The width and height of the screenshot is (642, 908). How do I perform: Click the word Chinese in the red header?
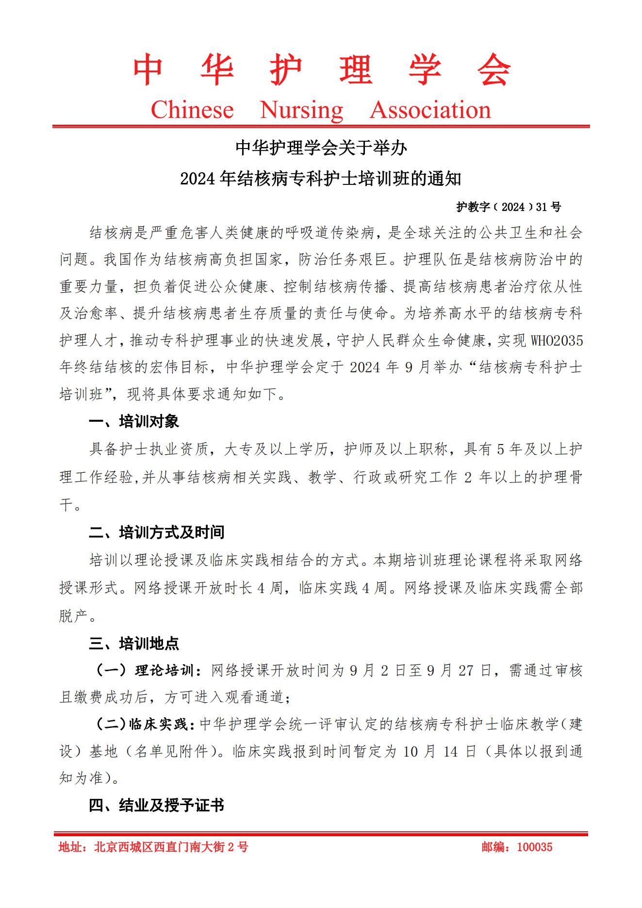[x=192, y=110]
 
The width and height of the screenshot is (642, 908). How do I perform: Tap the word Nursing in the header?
[x=301, y=110]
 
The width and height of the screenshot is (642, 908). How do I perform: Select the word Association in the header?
[x=430, y=110]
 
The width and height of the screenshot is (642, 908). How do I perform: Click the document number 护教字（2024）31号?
[x=508, y=207]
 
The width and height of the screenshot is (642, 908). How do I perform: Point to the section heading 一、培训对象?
[x=134, y=421]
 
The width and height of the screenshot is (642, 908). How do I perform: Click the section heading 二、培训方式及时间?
[x=156, y=532]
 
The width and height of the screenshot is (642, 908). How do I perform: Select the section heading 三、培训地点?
[x=134, y=644]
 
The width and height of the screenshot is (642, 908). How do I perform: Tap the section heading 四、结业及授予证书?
[x=156, y=806]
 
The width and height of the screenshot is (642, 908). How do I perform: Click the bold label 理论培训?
[x=164, y=671]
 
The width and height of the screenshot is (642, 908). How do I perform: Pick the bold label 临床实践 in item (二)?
[x=158, y=725]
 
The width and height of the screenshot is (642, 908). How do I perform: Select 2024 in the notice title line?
[x=198, y=179]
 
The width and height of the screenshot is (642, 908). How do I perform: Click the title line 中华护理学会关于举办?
[x=321, y=148]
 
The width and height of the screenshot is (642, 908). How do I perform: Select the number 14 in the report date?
[x=450, y=752]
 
